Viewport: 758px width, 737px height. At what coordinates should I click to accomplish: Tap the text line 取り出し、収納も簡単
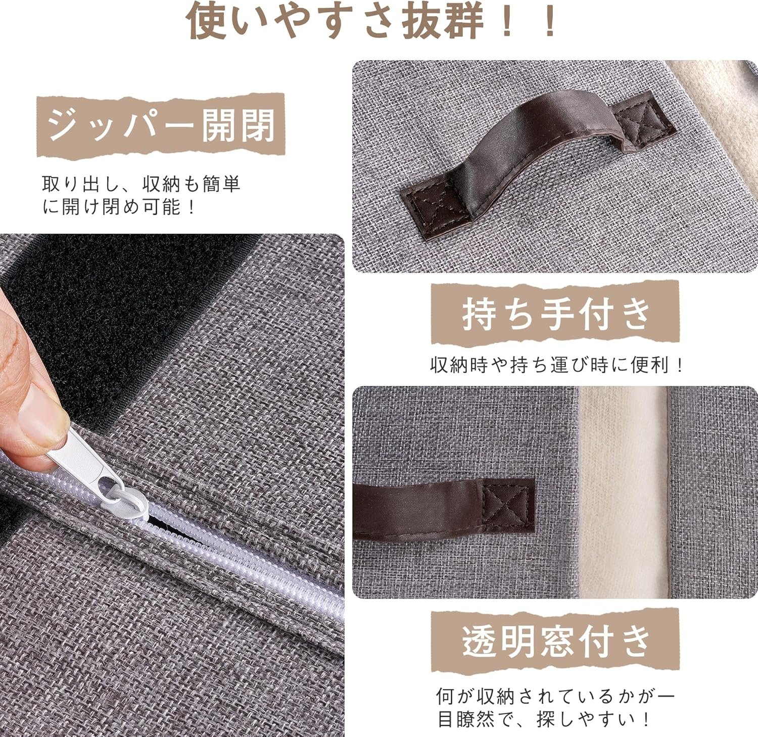(x=141, y=184)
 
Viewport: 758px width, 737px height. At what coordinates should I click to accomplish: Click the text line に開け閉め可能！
(x=119, y=207)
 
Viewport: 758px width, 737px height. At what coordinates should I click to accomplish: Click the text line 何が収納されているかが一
(x=556, y=696)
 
